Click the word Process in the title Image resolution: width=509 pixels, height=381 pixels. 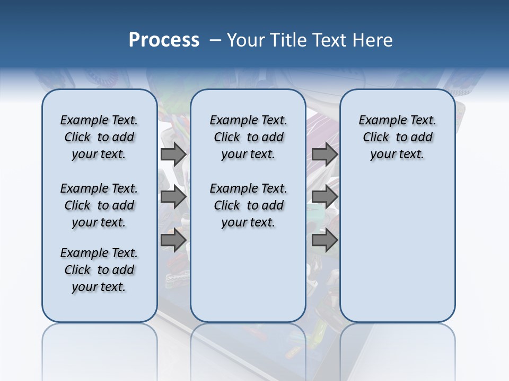pos(164,40)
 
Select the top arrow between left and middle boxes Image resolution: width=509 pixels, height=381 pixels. pos(173,154)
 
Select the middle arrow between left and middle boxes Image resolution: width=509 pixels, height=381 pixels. pos(173,197)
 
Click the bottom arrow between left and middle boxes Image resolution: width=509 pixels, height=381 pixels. pos(173,240)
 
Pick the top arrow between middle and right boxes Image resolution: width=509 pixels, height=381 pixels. pos(324,154)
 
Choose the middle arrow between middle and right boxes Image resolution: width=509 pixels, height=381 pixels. pos(324,197)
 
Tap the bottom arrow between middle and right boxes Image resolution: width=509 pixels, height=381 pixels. pos(324,240)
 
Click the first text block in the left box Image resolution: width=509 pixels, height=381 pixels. pos(99,137)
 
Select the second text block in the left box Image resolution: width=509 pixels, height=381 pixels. pos(99,205)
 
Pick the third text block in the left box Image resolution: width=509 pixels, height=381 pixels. pos(99,270)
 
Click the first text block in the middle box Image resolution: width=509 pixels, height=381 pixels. pos(248,137)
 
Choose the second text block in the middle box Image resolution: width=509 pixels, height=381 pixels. pos(248,205)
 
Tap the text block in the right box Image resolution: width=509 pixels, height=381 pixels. pos(397,137)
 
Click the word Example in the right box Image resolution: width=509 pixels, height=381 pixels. pos(379,121)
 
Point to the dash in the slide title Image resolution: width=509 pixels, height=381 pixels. pos(215,40)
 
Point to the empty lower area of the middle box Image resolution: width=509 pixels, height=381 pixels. pos(248,275)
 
